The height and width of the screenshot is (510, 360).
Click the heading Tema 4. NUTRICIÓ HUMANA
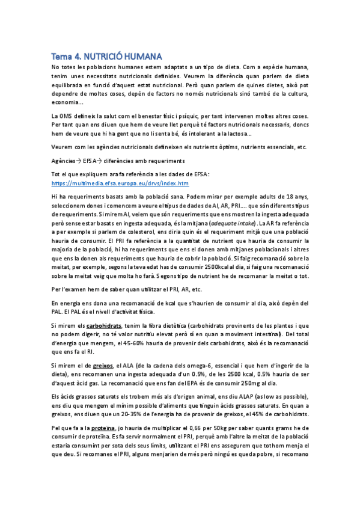click(x=107, y=56)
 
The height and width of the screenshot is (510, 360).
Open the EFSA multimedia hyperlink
click(x=120, y=183)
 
